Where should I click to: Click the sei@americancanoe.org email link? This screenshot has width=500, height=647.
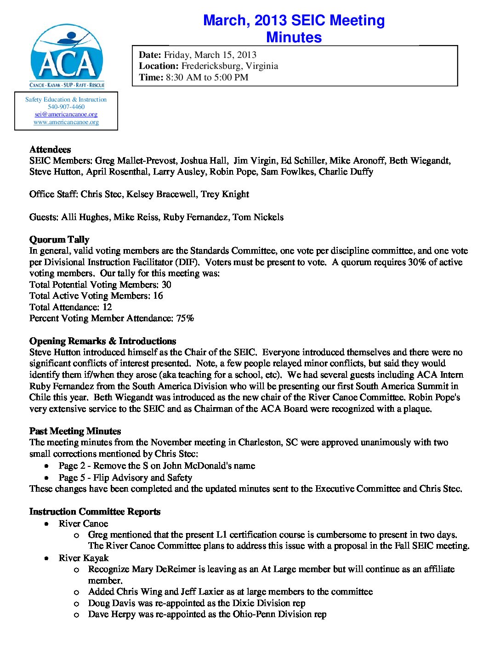pos(66,114)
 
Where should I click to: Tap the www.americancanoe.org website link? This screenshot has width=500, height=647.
pos(66,122)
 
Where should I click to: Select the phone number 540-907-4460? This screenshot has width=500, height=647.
pos(66,107)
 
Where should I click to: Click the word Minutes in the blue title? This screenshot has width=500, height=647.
pos(294,37)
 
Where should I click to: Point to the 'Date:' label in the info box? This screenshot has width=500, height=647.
pos(150,55)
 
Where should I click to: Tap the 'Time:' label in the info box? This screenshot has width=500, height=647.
pos(151,77)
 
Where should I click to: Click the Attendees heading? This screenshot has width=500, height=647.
pos(50,149)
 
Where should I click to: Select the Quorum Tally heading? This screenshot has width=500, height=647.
pos(59,239)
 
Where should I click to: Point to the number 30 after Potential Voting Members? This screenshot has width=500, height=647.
pos(166,284)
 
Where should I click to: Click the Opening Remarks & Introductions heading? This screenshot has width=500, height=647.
pos(102,341)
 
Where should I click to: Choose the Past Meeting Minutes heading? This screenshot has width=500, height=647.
pos(75,431)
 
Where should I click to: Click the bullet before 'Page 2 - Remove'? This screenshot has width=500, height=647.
pos(47,466)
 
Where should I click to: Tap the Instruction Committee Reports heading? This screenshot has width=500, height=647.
pos(95,511)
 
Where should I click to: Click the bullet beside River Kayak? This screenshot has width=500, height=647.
pos(47,558)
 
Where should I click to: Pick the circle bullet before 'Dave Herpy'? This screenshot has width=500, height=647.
pos(77,615)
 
